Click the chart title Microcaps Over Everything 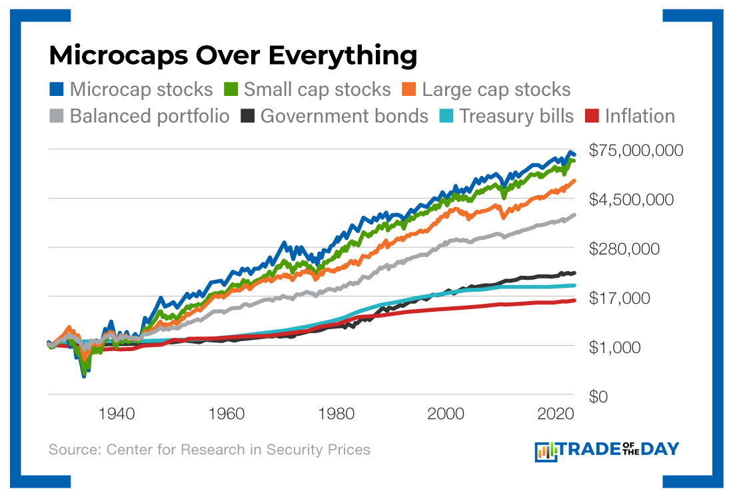tap(233, 55)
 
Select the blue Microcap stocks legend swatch tap(57, 89)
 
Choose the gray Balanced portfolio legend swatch tap(57, 117)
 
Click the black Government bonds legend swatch tap(247, 117)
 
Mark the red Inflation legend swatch tap(592, 117)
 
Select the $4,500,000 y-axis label tap(632, 200)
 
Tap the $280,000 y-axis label tap(624, 249)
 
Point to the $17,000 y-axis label tap(620, 298)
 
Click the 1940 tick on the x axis tap(117, 414)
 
